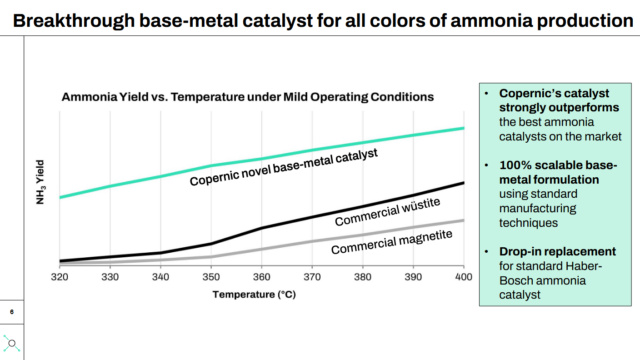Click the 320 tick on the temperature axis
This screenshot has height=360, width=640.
(59, 277)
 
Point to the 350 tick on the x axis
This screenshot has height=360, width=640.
(210, 277)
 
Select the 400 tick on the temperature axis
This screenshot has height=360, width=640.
(462, 277)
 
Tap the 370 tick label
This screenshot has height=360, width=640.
(311, 277)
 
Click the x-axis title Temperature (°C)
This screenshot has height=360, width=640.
(254, 294)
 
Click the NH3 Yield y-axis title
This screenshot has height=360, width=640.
(41, 177)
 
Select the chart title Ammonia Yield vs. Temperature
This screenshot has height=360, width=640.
(247, 97)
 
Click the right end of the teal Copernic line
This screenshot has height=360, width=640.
(463, 128)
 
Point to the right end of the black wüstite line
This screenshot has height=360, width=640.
(463, 182)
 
